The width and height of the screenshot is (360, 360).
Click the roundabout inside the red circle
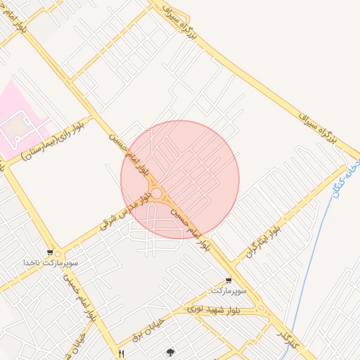tap(157, 193)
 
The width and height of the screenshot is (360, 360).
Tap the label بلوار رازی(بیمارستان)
tap(53, 141)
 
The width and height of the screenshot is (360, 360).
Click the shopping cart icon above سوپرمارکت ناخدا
tap(49, 252)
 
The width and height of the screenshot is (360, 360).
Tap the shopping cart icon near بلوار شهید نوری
tap(229, 280)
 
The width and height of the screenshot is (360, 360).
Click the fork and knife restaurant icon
tap(122, 353)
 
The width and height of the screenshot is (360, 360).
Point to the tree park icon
tap(169, 352)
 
